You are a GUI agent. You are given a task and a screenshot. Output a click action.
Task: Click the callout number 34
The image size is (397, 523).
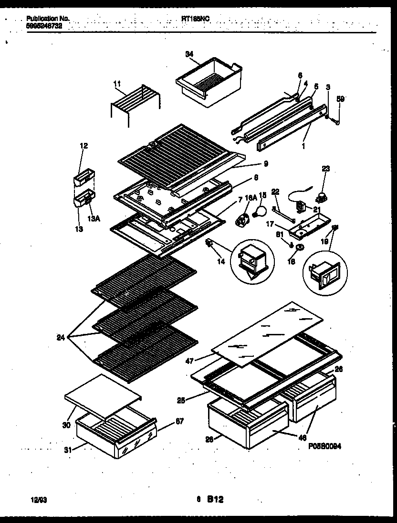coord(189,54)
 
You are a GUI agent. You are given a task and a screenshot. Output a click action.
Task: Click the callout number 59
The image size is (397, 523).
coord(340,99)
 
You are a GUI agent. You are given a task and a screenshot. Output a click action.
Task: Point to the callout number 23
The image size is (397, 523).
coord(326,169)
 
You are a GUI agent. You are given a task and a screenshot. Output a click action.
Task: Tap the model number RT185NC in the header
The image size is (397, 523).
coord(196,18)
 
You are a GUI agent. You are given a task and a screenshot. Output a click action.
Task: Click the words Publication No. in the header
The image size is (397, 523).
coord(48,18)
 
